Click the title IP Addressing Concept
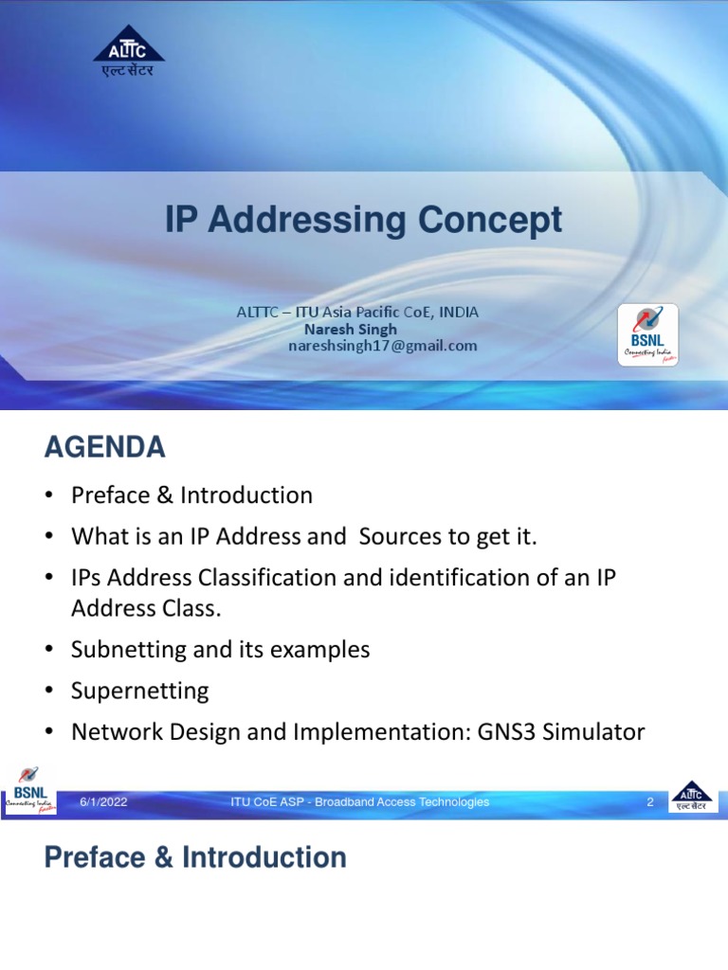pyautogui.click(x=363, y=220)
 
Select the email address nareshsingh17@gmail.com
pyautogui.click(x=382, y=346)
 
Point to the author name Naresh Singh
pyautogui.click(x=350, y=329)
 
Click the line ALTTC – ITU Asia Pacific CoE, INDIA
pyautogui.click(x=357, y=312)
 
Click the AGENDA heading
pyautogui.click(x=104, y=447)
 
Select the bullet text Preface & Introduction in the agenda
pyautogui.click(x=191, y=495)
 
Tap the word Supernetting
pyautogui.click(x=139, y=691)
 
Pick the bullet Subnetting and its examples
pyautogui.click(x=220, y=650)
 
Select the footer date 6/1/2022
pyautogui.click(x=103, y=802)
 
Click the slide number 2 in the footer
pyautogui.click(x=650, y=802)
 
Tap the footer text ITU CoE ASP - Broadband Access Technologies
pyautogui.click(x=360, y=802)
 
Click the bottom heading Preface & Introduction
pyautogui.click(x=195, y=858)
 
